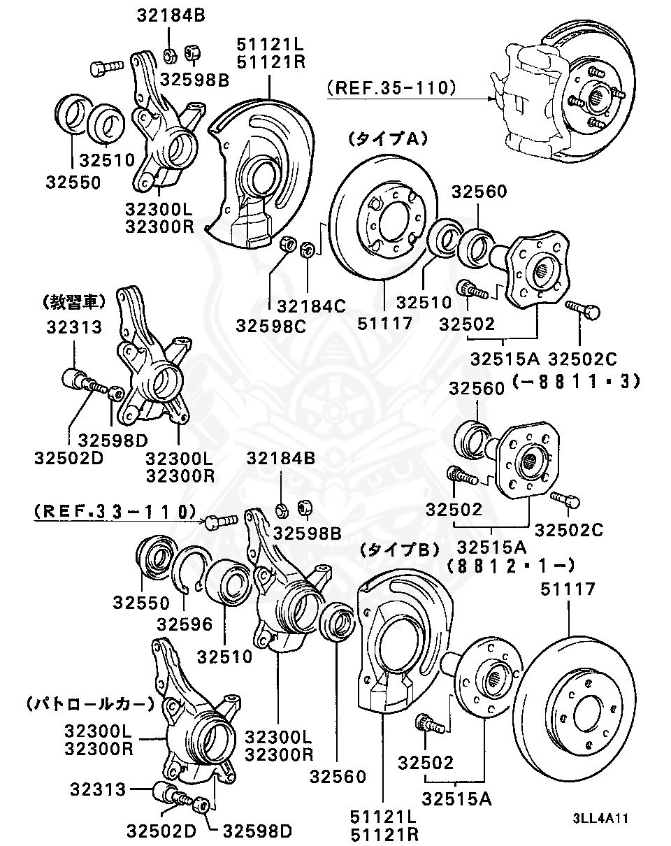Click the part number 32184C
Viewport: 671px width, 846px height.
311,306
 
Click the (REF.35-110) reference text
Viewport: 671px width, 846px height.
391,88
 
